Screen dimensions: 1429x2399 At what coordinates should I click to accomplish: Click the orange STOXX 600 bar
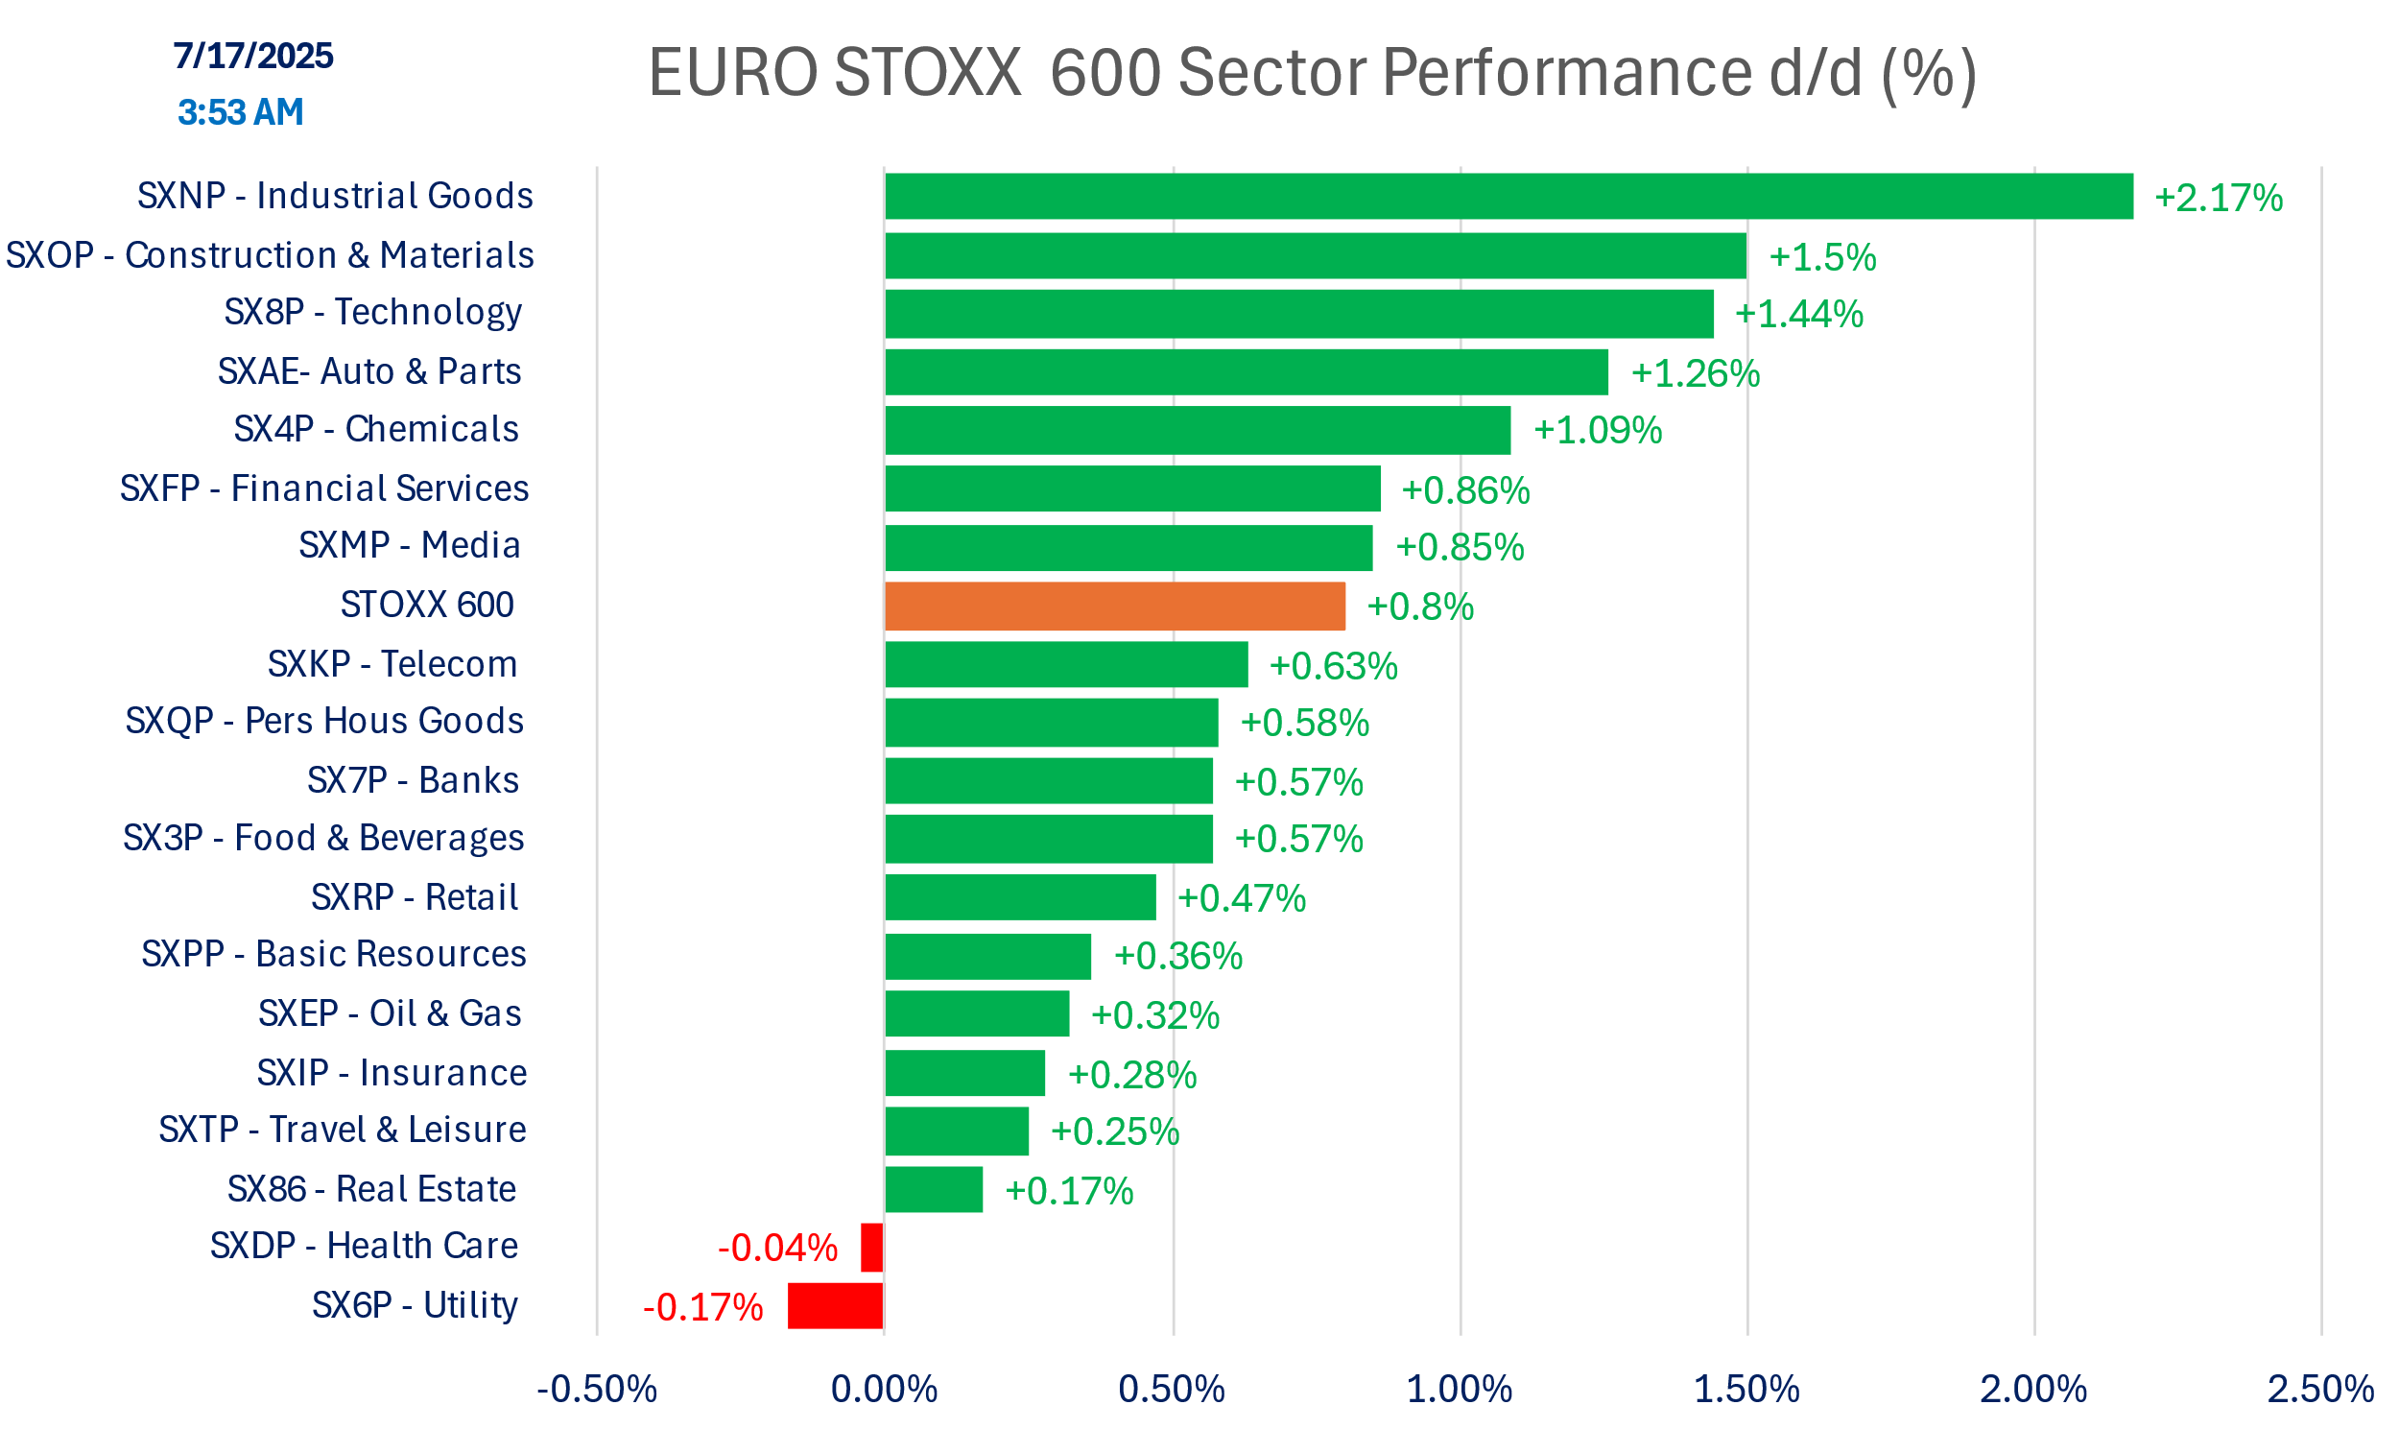coord(1115,607)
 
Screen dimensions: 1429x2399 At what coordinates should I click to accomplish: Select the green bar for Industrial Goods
coord(1508,197)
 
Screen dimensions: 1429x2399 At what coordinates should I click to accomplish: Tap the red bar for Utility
coord(835,1306)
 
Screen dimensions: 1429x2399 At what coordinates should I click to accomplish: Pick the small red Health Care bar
coord(871,1248)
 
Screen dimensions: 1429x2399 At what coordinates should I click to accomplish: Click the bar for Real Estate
coord(934,1190)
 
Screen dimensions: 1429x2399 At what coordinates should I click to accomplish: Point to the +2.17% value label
coord(2218,199)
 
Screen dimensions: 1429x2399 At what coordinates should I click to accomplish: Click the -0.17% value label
coord(702,1308)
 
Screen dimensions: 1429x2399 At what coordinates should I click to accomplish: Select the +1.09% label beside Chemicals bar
coord(1597,431)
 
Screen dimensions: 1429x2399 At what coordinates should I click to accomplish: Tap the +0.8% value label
coord(1420,607)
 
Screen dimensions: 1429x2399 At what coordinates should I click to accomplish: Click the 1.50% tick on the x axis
coord(1746,1390)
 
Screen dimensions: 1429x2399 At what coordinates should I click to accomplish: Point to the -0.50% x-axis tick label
coord(597,1390)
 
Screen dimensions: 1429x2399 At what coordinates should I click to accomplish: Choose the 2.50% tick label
coord(2320,1390)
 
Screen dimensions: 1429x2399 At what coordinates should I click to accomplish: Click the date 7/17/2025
coord(253,56)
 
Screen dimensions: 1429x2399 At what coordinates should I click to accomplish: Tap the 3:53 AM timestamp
coord(241,112)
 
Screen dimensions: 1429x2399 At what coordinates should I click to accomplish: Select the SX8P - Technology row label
coord(372,312)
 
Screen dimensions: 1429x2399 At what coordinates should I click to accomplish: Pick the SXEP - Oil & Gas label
coord(390,1014)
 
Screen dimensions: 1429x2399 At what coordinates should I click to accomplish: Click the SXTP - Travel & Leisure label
coord(343,1130)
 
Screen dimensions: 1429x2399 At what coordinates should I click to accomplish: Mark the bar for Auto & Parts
coord(1247,372)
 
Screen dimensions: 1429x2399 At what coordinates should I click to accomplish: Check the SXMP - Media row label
coord(409,546)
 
